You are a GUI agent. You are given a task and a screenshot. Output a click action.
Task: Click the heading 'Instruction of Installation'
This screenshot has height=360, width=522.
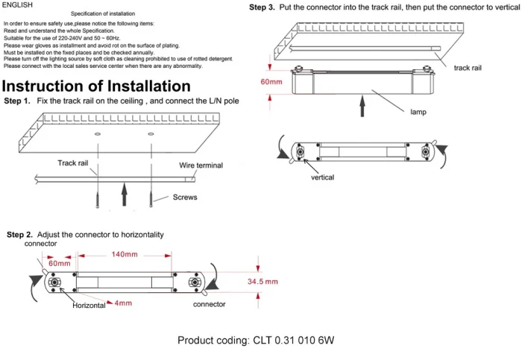pos(96,86)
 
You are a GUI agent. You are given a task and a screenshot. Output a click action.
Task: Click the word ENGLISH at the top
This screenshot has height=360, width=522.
pos(17,5)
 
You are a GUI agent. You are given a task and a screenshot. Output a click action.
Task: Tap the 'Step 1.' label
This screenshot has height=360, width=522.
pos(17,101)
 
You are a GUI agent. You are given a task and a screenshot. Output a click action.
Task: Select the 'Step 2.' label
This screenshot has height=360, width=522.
pos(19,235)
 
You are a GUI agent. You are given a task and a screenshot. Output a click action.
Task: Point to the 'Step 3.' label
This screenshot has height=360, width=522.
pos(262,7)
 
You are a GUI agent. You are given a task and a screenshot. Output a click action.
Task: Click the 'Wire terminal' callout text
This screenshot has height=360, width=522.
pos(201,165)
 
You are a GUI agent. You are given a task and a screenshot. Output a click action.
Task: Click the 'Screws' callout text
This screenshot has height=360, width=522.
pos(185,198)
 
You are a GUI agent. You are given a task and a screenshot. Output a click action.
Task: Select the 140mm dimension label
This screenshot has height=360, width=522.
pos(125,255)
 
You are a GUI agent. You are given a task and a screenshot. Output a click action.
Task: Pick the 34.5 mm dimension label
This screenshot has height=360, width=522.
pos(262,282)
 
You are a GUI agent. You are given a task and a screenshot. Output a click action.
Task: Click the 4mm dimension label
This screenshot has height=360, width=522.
pos(123,303)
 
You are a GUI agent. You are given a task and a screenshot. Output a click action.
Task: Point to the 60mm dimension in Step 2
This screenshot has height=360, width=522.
pos(60,263)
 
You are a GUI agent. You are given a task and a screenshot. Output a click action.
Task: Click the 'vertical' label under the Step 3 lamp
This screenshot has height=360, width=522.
pos(322,177)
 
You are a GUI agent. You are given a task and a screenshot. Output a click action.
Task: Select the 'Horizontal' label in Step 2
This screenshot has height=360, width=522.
pos(89,306)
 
